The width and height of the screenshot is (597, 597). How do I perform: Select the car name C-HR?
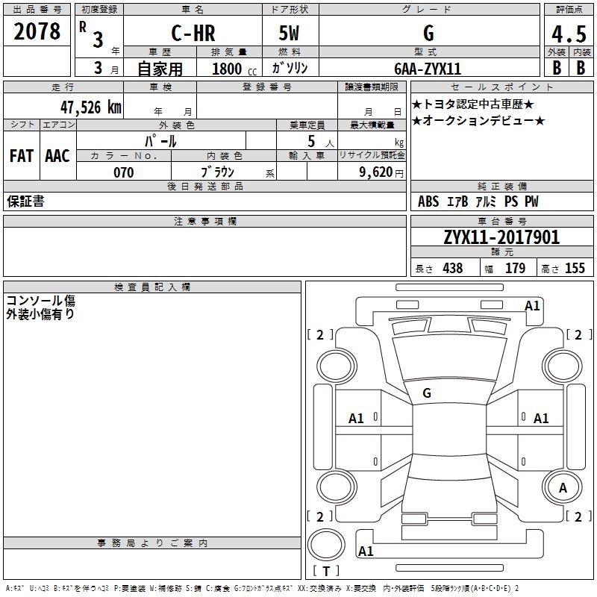(x=193, y=33)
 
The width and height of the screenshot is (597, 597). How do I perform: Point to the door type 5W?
(x=290, y=33)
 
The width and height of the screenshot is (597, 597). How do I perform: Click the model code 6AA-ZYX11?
(x=428, y=69)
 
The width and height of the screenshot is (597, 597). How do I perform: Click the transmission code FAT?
(x=22, y=156)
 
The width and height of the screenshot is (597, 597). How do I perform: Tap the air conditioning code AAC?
(x=57, y=156)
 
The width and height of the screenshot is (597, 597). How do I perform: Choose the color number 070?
(x=123, y=172)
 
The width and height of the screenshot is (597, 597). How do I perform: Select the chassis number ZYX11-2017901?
(x=501, y=237)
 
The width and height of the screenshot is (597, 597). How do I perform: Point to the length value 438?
(x=452, y=269)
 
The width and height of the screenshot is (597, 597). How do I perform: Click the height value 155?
(x=575, y=269)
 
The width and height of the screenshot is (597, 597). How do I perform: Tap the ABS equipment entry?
(x=428, y=201)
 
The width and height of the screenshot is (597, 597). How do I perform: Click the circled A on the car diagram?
(x=563, y=488)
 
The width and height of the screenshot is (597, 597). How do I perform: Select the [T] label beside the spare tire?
(x=325, y=572)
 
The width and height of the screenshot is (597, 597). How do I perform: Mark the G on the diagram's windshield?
(x=427, y=393)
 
